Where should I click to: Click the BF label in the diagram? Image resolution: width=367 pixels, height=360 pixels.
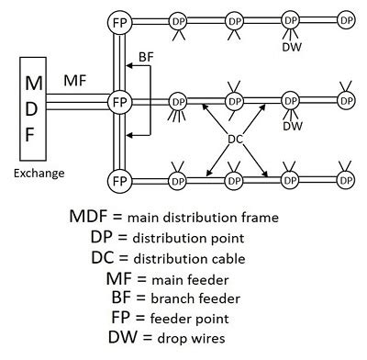146,57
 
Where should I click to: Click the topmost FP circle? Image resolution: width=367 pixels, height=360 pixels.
118,20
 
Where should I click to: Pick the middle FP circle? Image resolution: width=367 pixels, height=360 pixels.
118,100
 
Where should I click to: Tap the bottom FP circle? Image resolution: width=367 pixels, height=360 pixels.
118,179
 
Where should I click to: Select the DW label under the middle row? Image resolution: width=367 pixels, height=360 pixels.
292,126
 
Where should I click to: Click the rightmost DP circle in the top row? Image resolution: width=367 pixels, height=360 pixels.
345,19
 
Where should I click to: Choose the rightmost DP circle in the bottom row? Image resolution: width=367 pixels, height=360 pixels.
345,178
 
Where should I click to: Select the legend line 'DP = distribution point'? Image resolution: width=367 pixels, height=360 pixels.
174,237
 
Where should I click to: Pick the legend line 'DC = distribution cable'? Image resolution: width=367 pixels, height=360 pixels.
174,257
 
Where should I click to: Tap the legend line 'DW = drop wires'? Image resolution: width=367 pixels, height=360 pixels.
174,337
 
